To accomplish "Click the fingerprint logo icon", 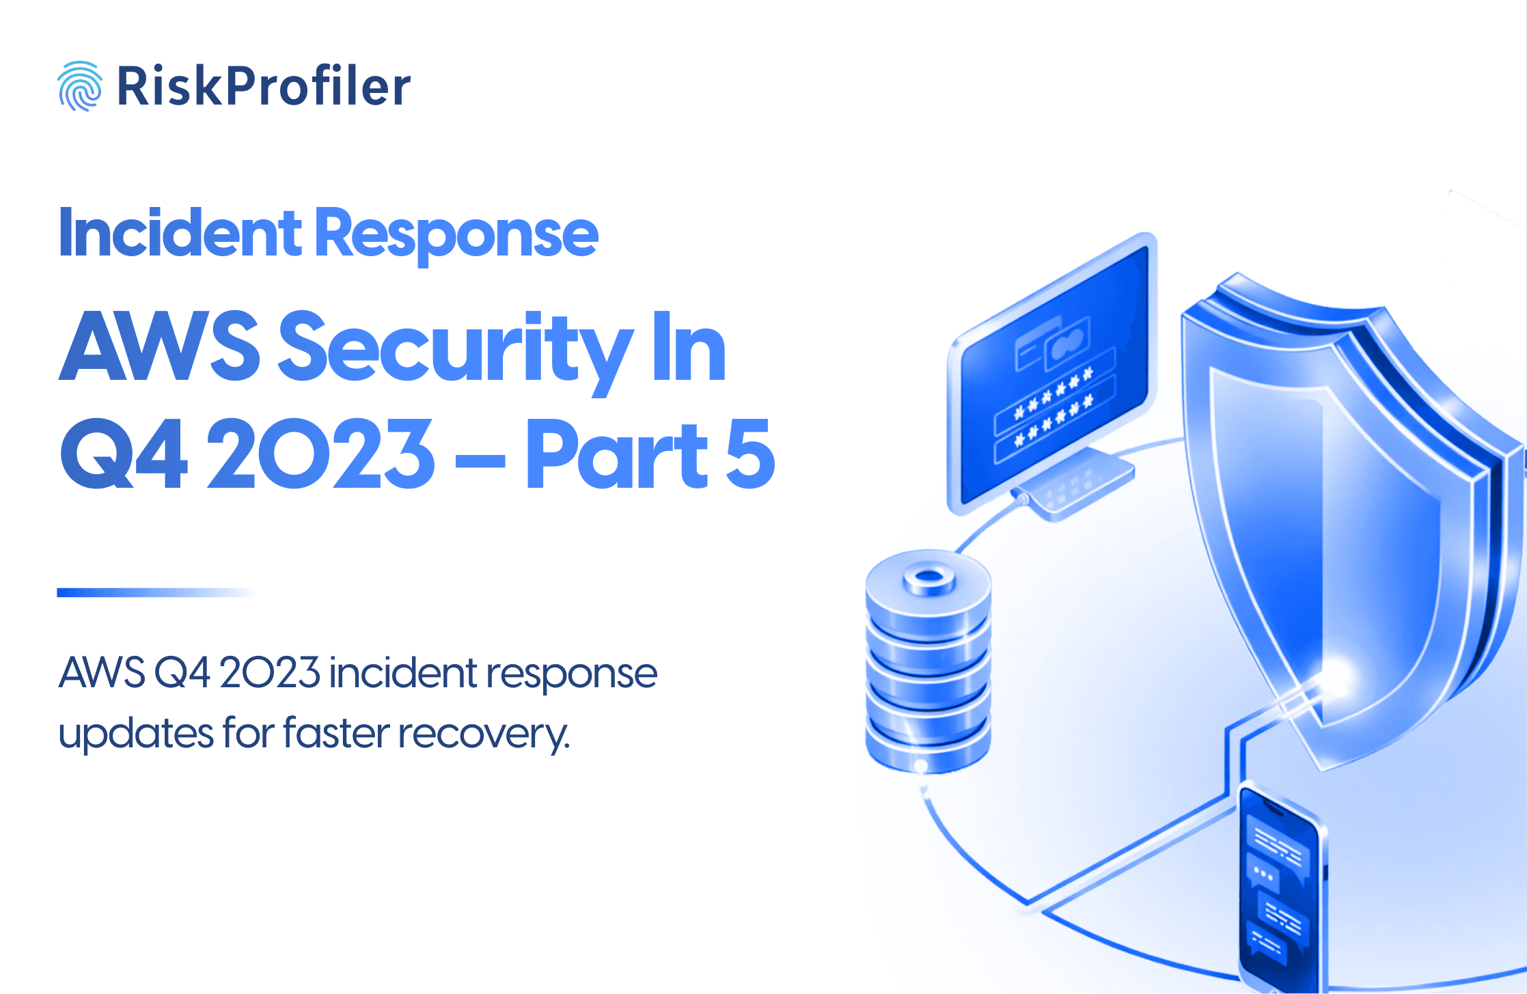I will click(x=80, y=86).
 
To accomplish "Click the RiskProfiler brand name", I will click(x=264, y=87).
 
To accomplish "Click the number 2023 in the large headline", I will click(x=320, y=454).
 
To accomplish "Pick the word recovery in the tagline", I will click(x=483, y=734).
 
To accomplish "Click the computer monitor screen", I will click(x=1053, y=372).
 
